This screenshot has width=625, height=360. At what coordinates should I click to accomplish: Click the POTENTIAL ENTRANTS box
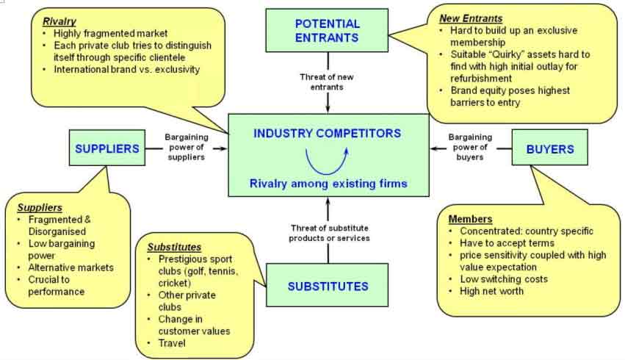tap(328, 31)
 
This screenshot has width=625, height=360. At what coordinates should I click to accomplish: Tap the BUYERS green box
tap(550, 149)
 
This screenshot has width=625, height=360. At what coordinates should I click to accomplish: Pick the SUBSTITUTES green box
tap(328, 286)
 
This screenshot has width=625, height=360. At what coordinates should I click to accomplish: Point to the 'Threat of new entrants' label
tap(328, 82)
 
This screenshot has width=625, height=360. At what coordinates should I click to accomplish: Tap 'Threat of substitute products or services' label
tap(328, 233)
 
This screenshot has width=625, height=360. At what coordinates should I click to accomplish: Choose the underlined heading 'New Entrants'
tap(472, 18)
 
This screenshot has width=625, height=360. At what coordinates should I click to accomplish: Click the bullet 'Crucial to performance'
tap(57, 286)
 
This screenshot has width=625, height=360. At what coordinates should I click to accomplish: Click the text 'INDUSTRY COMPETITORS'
tap(328, 134)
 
